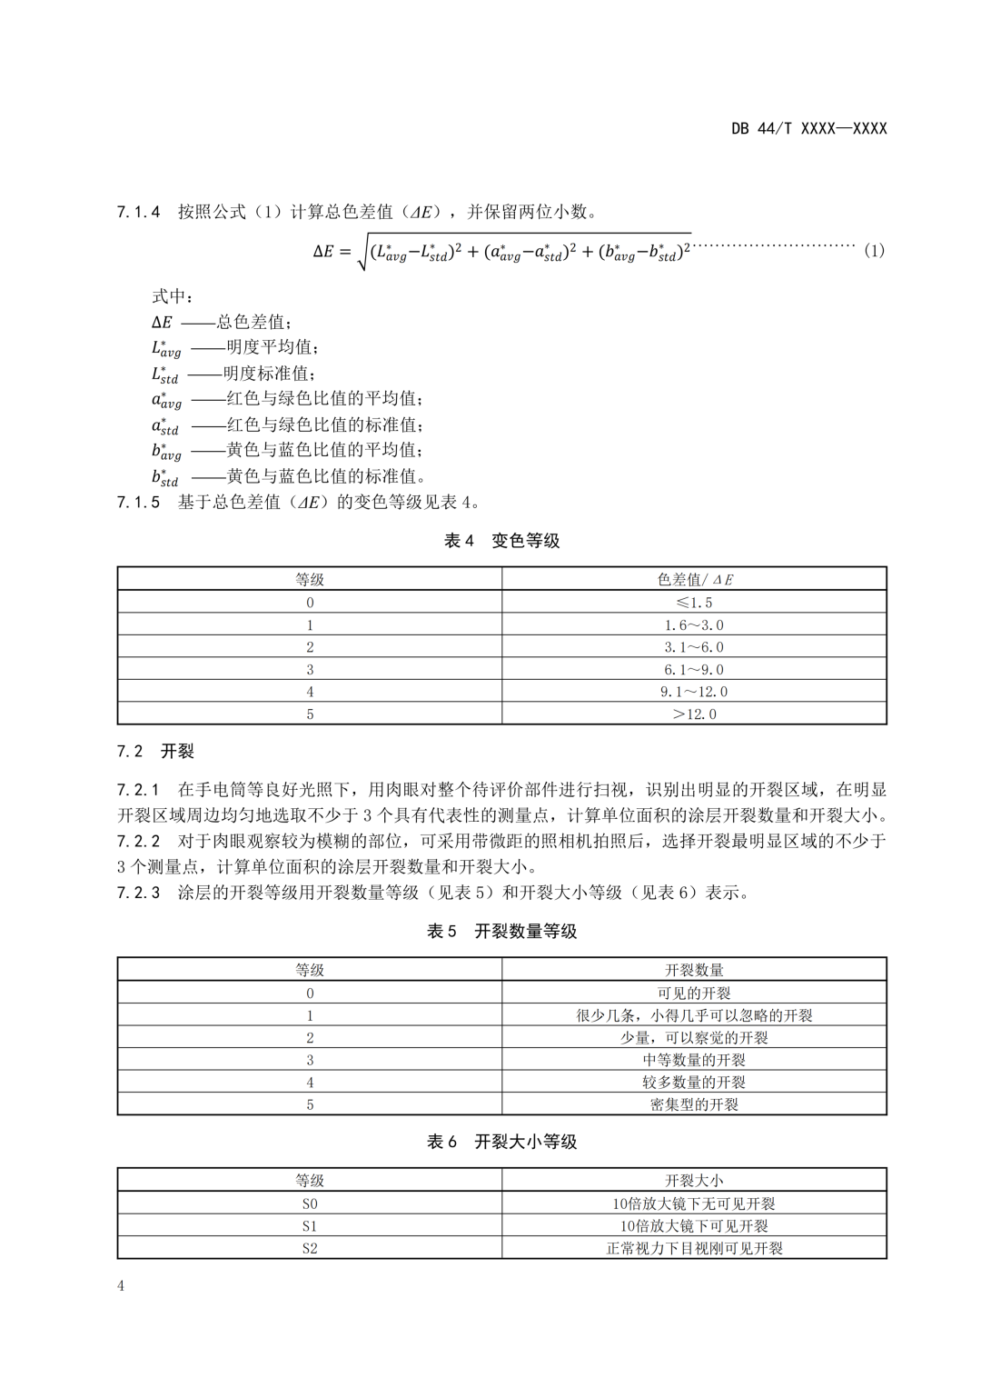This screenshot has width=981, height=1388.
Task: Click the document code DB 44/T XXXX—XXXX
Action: coord(808,128)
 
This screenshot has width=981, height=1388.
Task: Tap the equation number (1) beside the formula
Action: coord(873,250)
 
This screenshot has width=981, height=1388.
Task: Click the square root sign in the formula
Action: coord(362,252)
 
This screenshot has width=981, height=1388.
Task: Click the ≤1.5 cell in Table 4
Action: coord(694,603)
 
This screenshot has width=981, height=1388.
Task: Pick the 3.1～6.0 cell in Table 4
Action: coord(694,647)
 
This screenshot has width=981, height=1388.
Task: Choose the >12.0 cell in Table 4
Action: coord(694,714)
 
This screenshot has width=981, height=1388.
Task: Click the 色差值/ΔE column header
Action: coord(694,580)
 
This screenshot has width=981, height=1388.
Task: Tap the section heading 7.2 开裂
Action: coord(155,752)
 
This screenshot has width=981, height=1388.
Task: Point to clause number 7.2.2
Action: coord(138,841)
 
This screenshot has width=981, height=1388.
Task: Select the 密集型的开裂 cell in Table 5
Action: coord(694,1104)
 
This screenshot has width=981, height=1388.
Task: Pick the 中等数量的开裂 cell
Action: coord(694,1060)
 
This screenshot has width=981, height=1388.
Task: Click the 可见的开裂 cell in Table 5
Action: coord(694,994)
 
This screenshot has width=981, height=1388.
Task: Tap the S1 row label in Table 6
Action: coord(310,1226)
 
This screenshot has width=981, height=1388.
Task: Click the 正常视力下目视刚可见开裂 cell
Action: coord(694,1248)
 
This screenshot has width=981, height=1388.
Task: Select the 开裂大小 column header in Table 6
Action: coord(694,1181)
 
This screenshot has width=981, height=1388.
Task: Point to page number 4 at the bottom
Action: coord(121,1285)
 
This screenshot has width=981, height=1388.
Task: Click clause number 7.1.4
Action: coord(138,213)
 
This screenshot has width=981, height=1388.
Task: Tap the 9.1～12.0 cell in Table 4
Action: coord(694,692)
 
